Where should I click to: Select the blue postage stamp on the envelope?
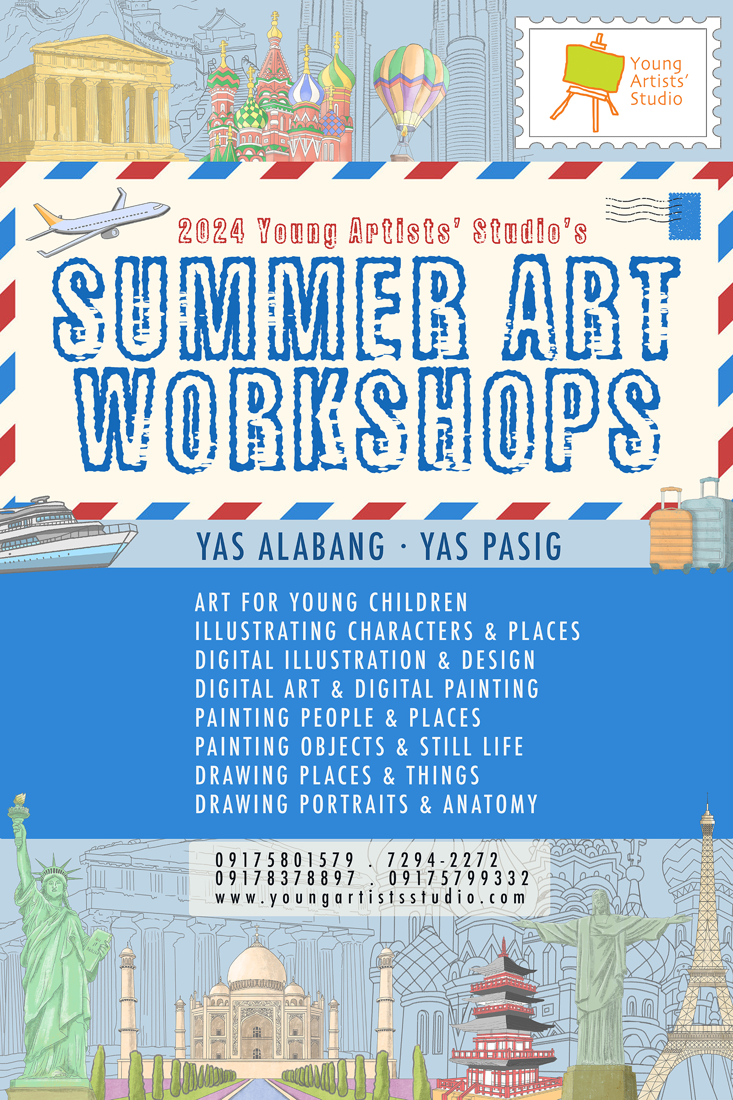coord(684,216)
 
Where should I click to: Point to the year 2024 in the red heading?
coord(211,231)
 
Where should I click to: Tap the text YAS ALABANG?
coord(290,546)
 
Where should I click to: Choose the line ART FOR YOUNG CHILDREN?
coord(331,602)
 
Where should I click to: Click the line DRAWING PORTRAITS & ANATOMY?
coord(366,804)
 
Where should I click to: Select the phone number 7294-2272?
coord(443,860)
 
